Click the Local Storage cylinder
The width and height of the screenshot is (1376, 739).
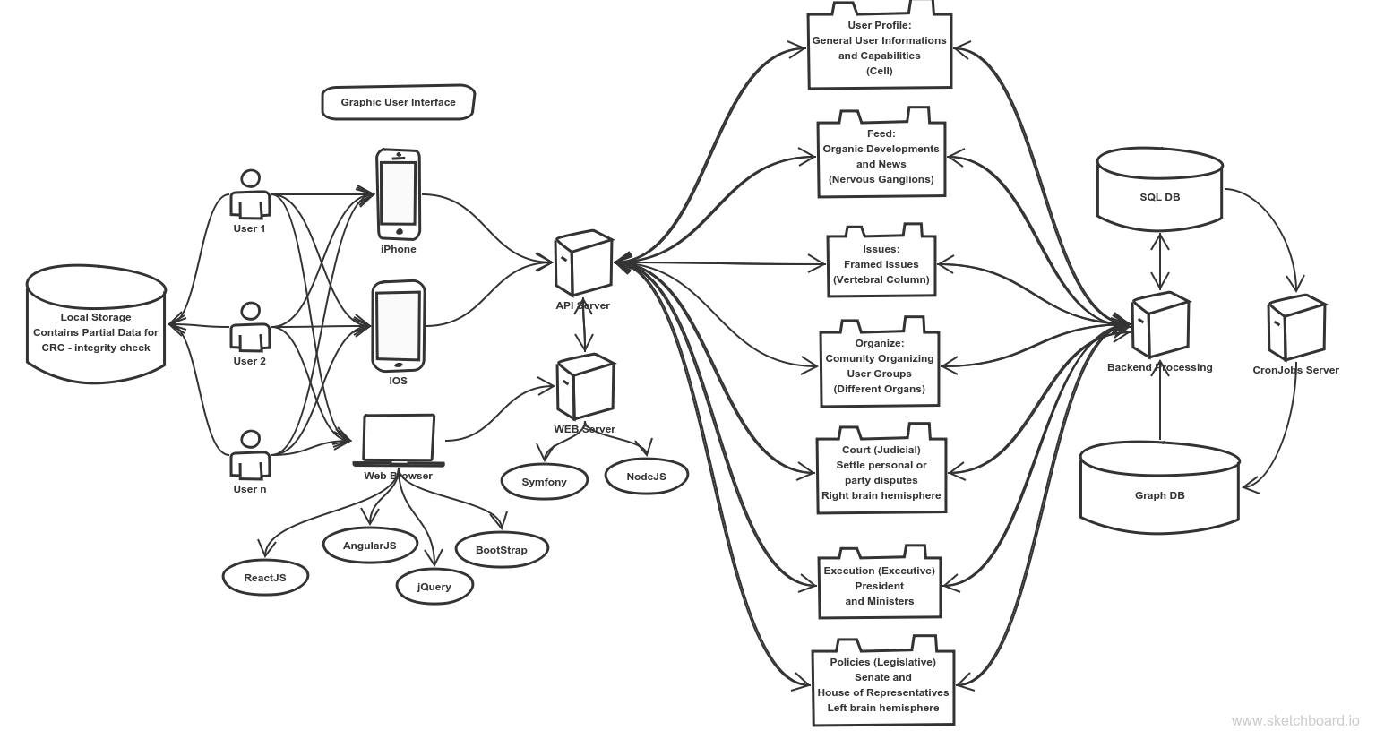pos(96,324)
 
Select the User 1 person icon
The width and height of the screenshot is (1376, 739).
pos(250,194)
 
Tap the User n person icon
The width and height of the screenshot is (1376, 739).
pos(250,454)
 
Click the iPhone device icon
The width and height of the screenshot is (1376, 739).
pos(399,194)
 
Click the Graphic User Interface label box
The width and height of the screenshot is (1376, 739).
pos(399,102)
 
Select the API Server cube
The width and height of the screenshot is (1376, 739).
pos(583,263)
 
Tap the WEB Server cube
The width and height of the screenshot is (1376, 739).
pos(585,386)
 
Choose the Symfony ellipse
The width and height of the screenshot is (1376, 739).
pos(545,482)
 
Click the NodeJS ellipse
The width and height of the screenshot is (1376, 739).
pos(647,476)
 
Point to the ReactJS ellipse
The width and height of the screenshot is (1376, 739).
pos(265,578)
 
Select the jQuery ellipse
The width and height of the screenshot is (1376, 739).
pos(434,587)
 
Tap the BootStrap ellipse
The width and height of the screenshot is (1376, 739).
pos(502,549)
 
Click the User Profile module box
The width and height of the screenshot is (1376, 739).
pos(880,46)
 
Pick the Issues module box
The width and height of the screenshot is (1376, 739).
pos(881,261)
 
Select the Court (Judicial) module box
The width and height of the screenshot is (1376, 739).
pos(881,468)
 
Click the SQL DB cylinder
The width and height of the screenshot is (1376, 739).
pos(1160,189)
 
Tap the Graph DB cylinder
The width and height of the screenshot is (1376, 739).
pos(1160,488)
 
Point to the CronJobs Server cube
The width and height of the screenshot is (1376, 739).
pos(1297,328)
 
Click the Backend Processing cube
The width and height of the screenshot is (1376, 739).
pos(1160,324)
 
